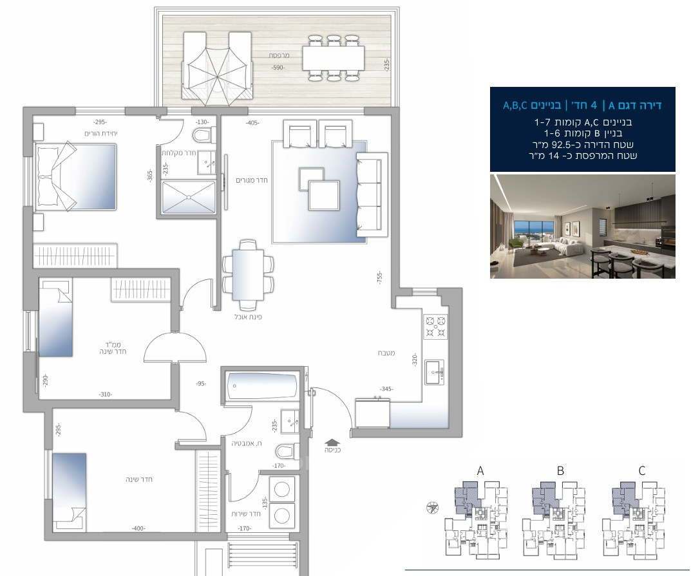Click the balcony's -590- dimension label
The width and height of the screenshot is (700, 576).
click(278, 68)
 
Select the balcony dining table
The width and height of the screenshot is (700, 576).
click(334, 59)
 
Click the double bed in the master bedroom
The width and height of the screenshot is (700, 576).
click(76, 176)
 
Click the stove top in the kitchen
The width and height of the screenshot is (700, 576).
click(436, 326)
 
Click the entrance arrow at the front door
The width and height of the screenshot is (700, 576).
click(332, 442)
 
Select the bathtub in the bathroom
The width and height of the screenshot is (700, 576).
click(261, 386)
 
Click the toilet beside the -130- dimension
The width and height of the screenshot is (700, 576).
click(203, 135)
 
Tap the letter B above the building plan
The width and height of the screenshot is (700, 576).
click(560, 470)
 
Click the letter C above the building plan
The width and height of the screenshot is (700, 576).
click(641, 470)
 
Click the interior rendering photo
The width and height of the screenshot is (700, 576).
click(582, 226)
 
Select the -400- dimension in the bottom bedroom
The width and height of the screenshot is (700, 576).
click(137, 528)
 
